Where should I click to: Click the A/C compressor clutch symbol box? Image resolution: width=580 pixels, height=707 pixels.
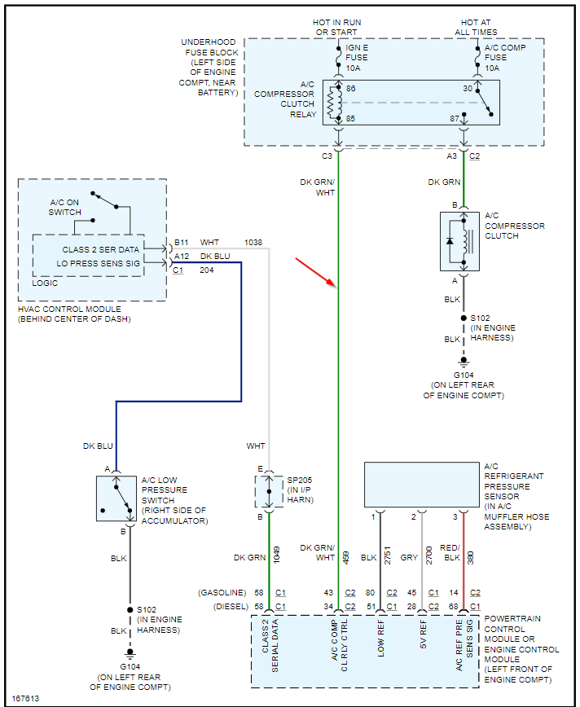(x=460, y=241)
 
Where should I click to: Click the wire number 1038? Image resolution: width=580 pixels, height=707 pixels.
(x=254, y=243)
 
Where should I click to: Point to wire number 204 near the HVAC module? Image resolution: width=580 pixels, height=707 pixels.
(x=207, y=270)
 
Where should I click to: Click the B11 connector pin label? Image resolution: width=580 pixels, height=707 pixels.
(x=181, y=243)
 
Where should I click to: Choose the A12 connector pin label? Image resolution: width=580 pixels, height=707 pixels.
(x=181, y=256)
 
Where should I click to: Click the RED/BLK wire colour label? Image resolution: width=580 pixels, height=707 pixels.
(x=450, y=552)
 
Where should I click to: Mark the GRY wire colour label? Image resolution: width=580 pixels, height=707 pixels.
(x=409, y=558)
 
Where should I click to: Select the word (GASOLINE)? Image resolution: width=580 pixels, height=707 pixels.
(x=221, y=592)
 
